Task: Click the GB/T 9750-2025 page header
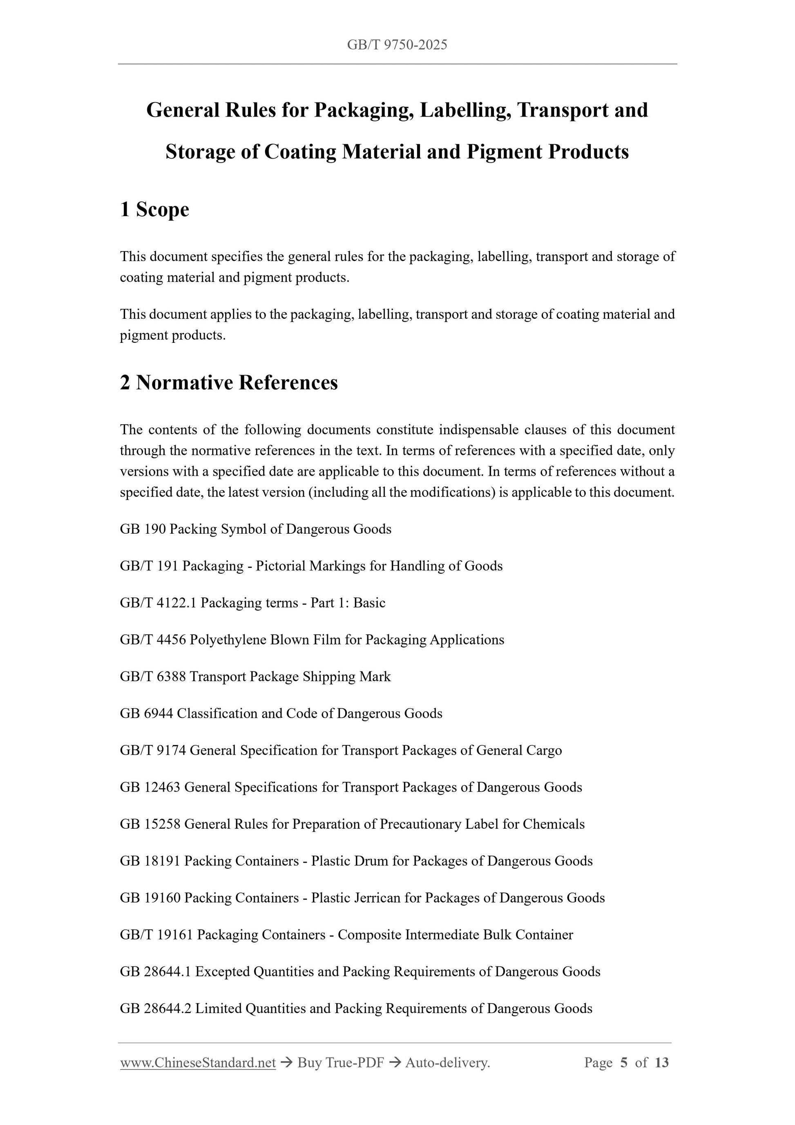pos(397,45)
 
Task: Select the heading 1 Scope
pos(154,209)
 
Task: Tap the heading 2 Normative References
pos(229,382)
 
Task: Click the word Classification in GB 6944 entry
pos(217,713)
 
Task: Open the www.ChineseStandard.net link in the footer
pos(198,1062)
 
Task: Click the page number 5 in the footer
pos(623,1062)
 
